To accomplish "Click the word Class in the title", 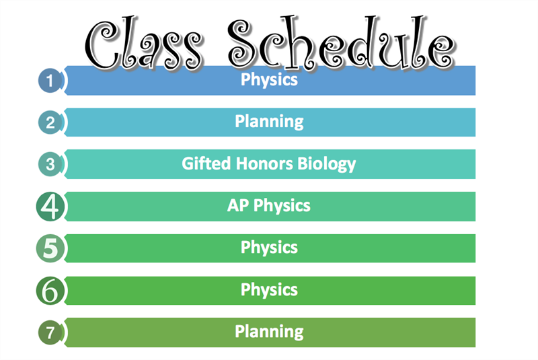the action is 144,43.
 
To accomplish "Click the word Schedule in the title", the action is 342,42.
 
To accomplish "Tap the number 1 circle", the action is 50,81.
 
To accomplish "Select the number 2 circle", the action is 50,122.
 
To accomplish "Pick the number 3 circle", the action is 50,164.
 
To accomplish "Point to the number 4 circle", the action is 50,207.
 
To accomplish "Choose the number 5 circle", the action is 50,248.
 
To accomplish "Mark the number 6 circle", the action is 50,291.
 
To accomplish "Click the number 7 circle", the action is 50,332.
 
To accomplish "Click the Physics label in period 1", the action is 269,80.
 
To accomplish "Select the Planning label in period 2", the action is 269,122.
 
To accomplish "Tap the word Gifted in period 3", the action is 206,164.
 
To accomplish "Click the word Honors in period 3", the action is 264,164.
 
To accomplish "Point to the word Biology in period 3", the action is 327,164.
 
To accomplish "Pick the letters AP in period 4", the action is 238,205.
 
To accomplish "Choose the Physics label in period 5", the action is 269,248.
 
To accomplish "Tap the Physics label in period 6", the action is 269,290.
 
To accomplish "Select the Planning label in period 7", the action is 269,332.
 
